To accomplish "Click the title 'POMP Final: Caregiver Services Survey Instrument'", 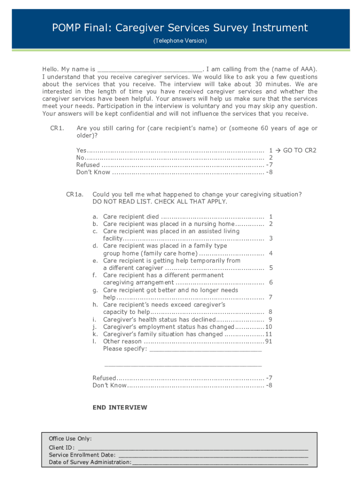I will coord(180,28).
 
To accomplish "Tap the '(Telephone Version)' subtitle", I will coord(180,41).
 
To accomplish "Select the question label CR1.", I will coord(57,128).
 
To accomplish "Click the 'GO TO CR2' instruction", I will coord(300,150).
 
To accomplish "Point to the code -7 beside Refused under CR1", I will coord(269,165).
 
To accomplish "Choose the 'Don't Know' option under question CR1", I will coord(94,172).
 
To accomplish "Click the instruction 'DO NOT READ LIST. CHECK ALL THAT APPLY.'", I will coord(160,202).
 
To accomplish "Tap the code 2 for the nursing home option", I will coord(271,224).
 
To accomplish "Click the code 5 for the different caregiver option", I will coord(271,268).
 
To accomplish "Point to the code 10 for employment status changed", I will coord(269,327).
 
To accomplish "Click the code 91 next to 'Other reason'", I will coord(269,341).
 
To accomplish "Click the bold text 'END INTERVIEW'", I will coord(120,407).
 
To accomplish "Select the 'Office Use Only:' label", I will coord(70,439).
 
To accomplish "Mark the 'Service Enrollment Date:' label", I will coord(82,455).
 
